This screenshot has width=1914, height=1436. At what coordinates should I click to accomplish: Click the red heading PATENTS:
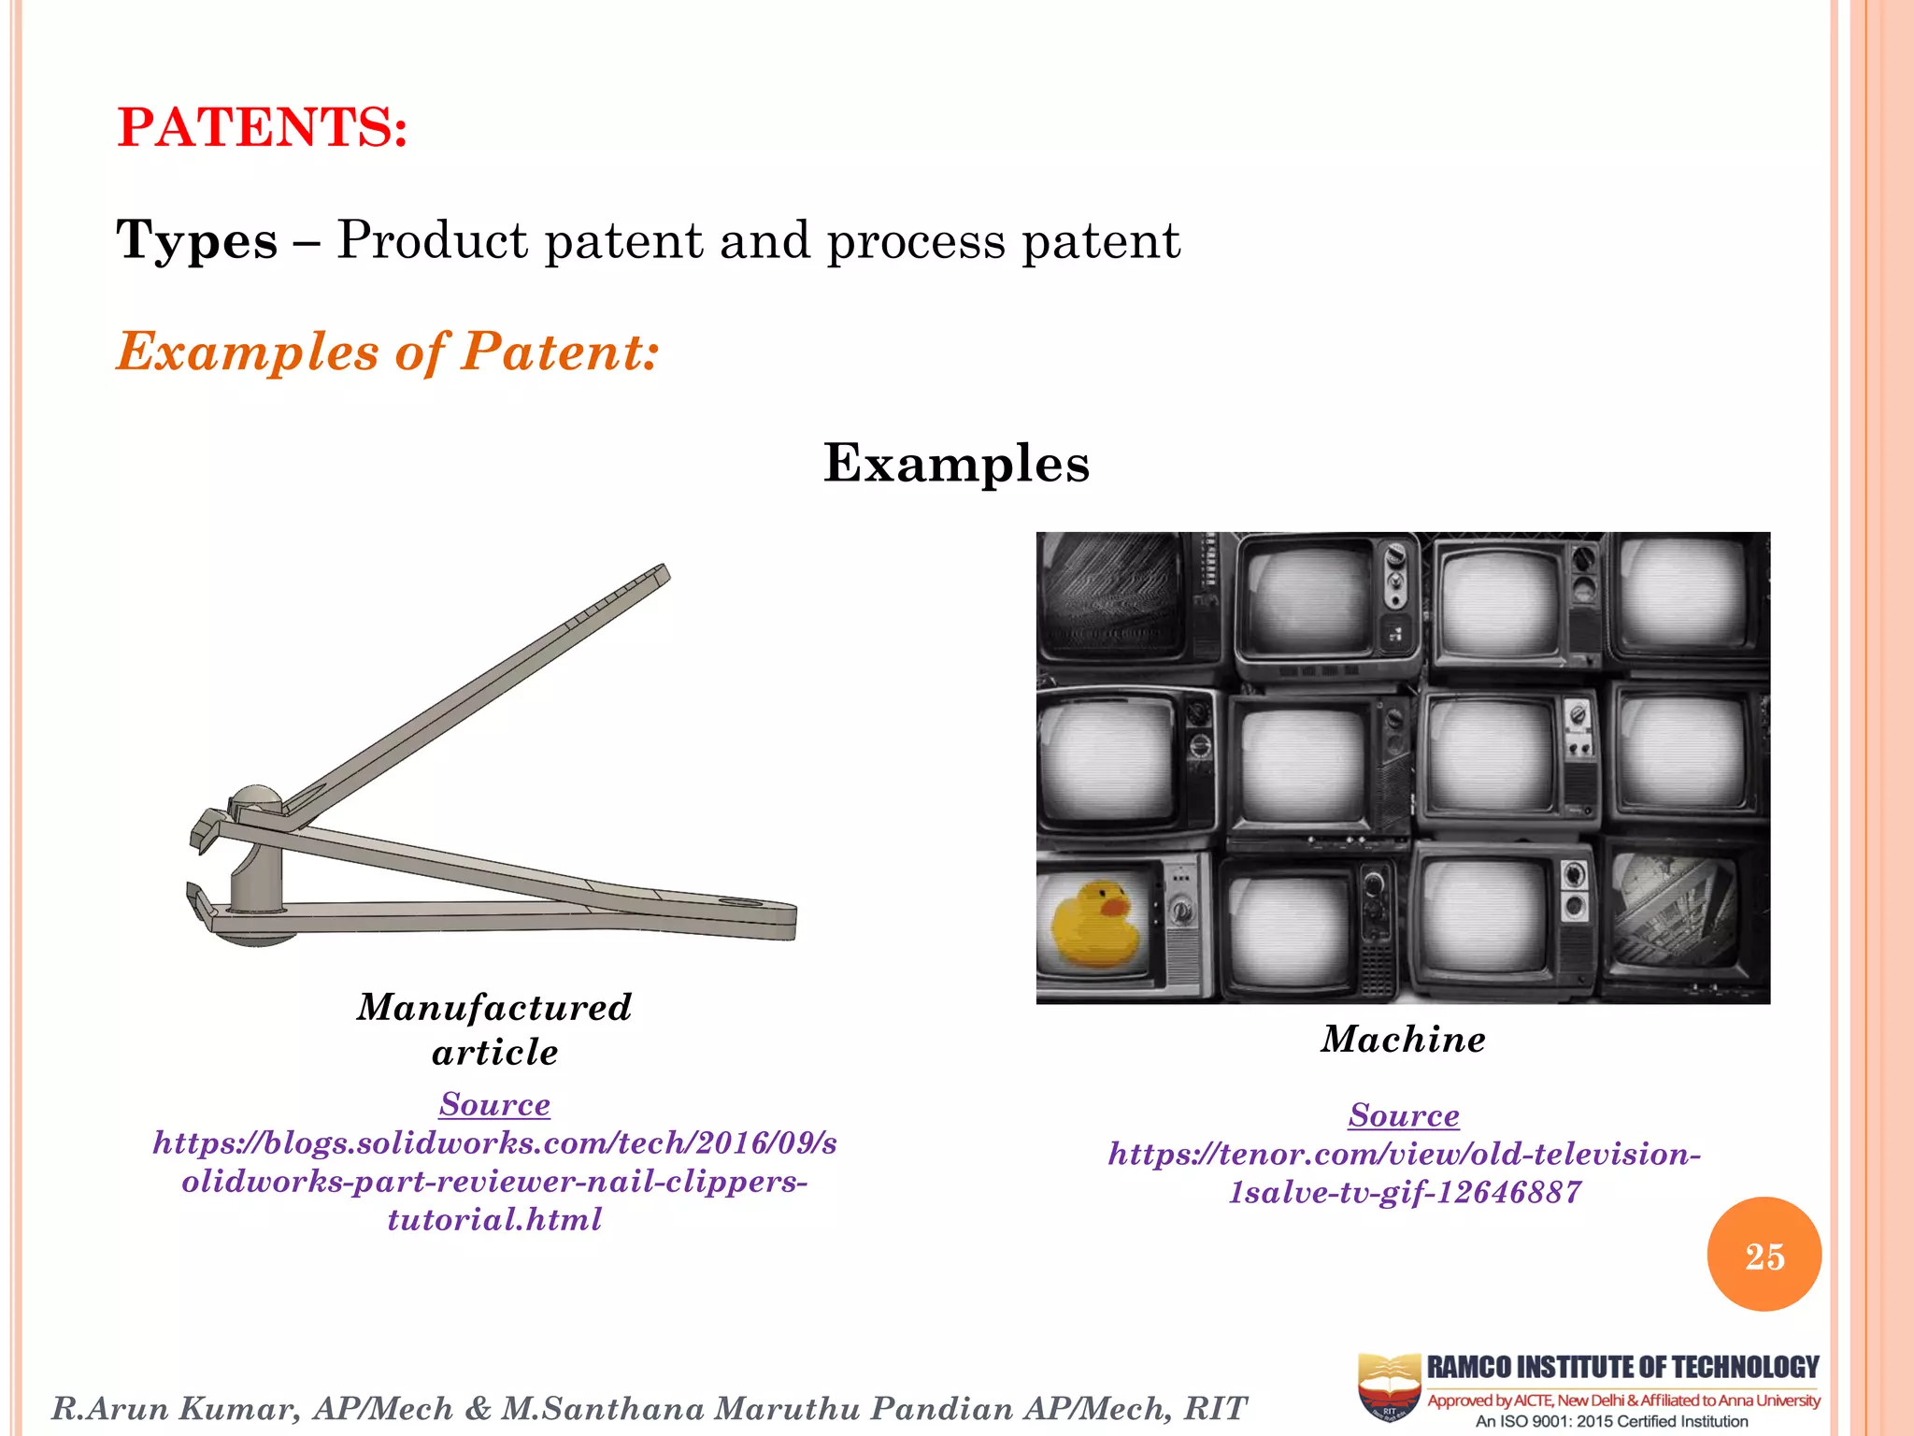[x=263, y=127]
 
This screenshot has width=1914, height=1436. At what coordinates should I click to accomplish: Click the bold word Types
[x=197, y=240]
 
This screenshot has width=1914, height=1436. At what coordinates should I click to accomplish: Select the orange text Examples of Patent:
[x=388, y=352]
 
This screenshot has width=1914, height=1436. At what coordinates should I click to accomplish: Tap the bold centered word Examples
[x=956, y=463]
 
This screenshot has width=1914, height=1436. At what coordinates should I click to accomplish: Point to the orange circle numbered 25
[x=1764, y=1255]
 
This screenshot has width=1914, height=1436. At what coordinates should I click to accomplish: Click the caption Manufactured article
[x=494, y=1029]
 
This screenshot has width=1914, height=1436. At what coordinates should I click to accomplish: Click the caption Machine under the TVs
[x=1403, y=1039]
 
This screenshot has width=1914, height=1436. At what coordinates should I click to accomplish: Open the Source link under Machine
[x=1403, y=1114]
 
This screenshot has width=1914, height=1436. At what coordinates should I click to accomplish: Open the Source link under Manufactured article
[x=494, y=1104]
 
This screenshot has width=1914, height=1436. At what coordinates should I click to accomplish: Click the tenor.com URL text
[x=1404, y=1172]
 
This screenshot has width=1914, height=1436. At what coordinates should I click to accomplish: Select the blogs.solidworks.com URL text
[x=494, y=1181]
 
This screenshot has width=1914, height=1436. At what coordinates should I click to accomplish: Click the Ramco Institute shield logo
[x=1389, y=1387]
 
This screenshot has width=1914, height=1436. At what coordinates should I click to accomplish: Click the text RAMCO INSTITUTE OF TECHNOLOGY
[x=1622, y=1368]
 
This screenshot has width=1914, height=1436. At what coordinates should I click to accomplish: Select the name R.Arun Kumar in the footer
[x=176, y=1408]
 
